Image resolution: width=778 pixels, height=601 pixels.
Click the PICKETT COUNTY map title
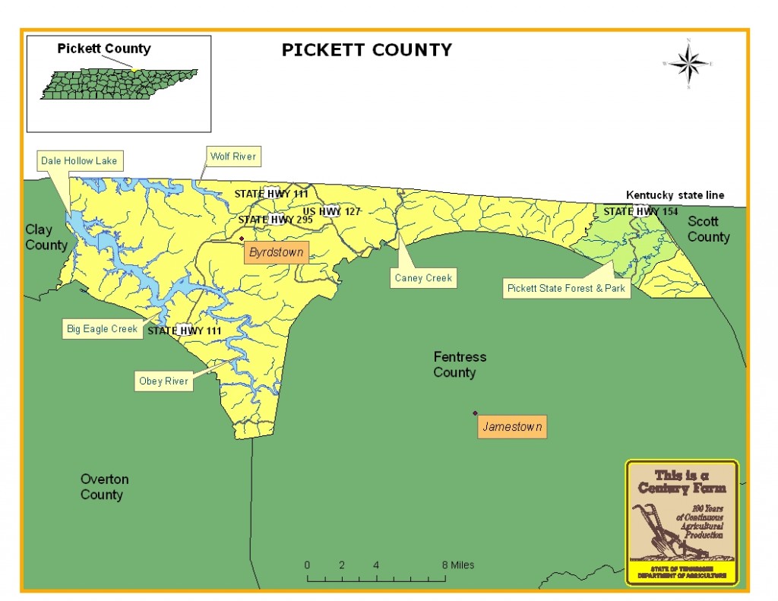coord(367,50)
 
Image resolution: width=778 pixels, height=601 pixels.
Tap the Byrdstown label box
coord(276,252)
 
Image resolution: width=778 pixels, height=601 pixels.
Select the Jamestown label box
coord(512,427)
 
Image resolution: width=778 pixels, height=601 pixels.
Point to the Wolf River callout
coord(234,157)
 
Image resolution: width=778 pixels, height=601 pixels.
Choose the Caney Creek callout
coord(423,278)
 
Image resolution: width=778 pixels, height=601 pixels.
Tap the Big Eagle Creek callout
coord(101,329)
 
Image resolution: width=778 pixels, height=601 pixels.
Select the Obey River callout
coord(163,381)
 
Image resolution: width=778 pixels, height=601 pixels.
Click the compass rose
coord(689,64)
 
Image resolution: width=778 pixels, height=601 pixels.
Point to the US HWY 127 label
coord(331,211)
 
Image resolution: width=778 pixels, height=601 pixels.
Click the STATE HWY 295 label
coord(266,220)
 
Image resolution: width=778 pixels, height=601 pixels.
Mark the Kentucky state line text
coord(675,195)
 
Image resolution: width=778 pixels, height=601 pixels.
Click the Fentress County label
coord(460,365)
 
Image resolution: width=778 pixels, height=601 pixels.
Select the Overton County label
coord(104,487)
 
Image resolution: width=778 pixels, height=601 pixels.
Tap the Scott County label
coord(708,229)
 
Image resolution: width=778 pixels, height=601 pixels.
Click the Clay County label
coord(46,237)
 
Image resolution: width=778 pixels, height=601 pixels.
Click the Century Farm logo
coord(682,522)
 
